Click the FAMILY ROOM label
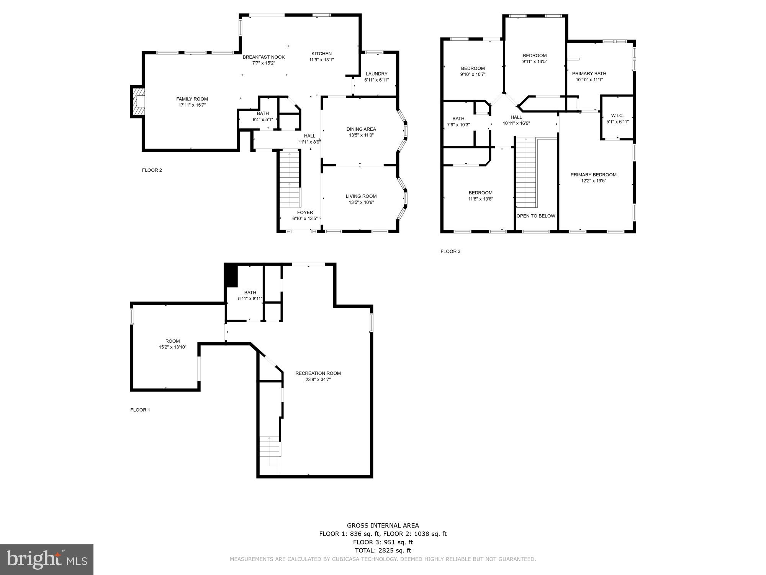[x=192, y=99]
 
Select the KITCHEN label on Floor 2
[x=321, y=54]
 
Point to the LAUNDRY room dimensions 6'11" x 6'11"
[x=376, y=80]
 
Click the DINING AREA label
[x=361, y=129]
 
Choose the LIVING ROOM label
[x=361, y=196]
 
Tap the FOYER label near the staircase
[x=305, y=212]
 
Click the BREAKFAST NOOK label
[x=264, y=57]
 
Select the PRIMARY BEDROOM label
[x=593, y=175]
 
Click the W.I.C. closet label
[x=617, y=115]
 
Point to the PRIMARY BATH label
[x=589, y=74]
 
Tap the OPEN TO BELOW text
[x=536, y=216]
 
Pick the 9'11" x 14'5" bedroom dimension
[x=535, y=61]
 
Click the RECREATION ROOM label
[x=318, y=373]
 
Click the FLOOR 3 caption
[x=450, y=251]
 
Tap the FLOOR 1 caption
[x=140, y=410]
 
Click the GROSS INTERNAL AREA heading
[x=383, y=526]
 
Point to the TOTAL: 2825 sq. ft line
[x=383, y=550]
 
